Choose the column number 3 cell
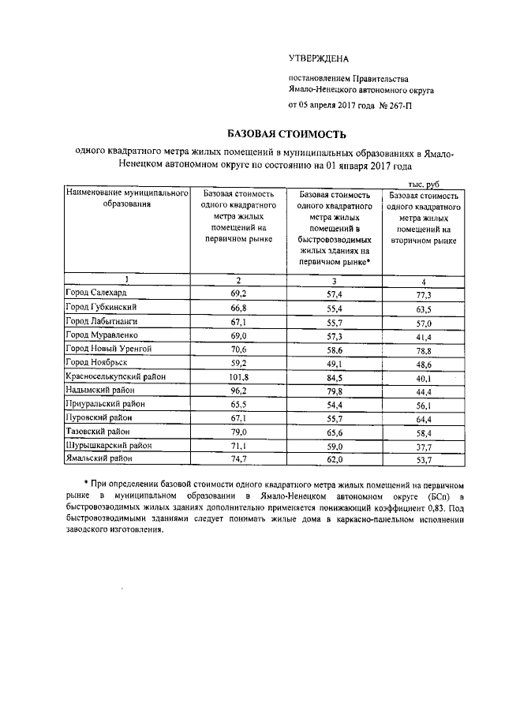tap(333, 280)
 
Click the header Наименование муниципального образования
tap(126, 198)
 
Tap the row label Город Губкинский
tap(102, 306)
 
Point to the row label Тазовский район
tap(97, 431)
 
